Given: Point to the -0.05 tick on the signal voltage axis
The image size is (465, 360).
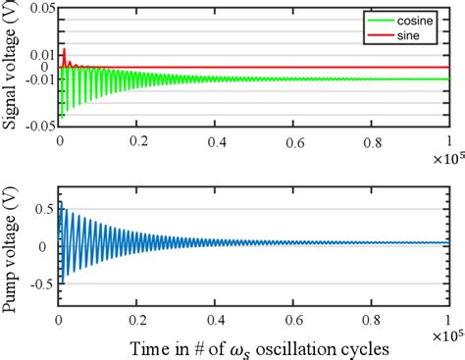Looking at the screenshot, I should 38,126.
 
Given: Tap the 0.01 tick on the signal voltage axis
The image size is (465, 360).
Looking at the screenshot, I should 40,54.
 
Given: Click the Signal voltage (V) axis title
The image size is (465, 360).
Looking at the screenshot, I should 11,68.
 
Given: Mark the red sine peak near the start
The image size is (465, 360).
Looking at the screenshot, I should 64,49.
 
